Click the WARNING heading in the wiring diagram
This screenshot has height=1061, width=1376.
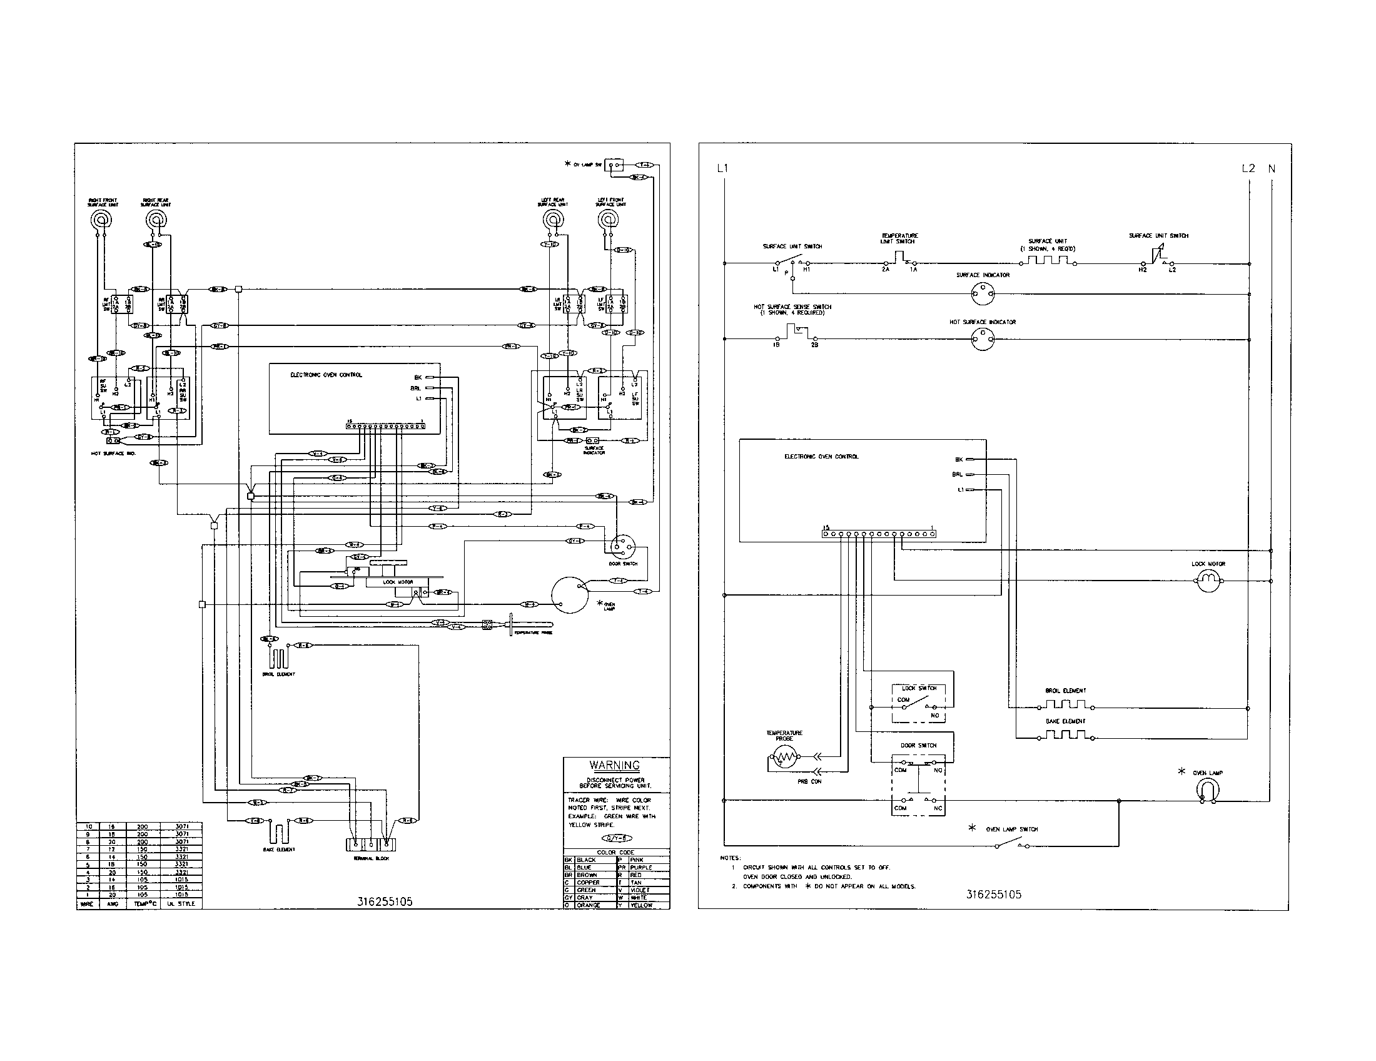[614, 766]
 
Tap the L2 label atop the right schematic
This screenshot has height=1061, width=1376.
[1248, 168]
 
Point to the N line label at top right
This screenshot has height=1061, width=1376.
[1272, 168]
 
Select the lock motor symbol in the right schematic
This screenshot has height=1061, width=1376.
[1208, 581]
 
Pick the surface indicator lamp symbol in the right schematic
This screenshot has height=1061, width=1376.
[983, 292]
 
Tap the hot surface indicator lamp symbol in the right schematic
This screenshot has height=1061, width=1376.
[983, 339]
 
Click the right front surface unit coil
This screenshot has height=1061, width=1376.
[101, 220]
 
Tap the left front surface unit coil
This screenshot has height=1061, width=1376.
[609, 220]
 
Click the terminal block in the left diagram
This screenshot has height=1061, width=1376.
[371, 845]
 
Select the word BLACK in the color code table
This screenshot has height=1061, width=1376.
[586, 860]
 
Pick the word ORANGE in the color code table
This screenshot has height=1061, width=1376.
[588, 905]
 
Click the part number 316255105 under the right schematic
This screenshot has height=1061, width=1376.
[994, 895]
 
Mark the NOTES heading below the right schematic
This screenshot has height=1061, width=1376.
[731, 858]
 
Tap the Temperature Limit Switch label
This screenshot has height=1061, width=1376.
[899, 238]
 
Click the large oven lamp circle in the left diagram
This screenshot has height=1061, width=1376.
[569, 594]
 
